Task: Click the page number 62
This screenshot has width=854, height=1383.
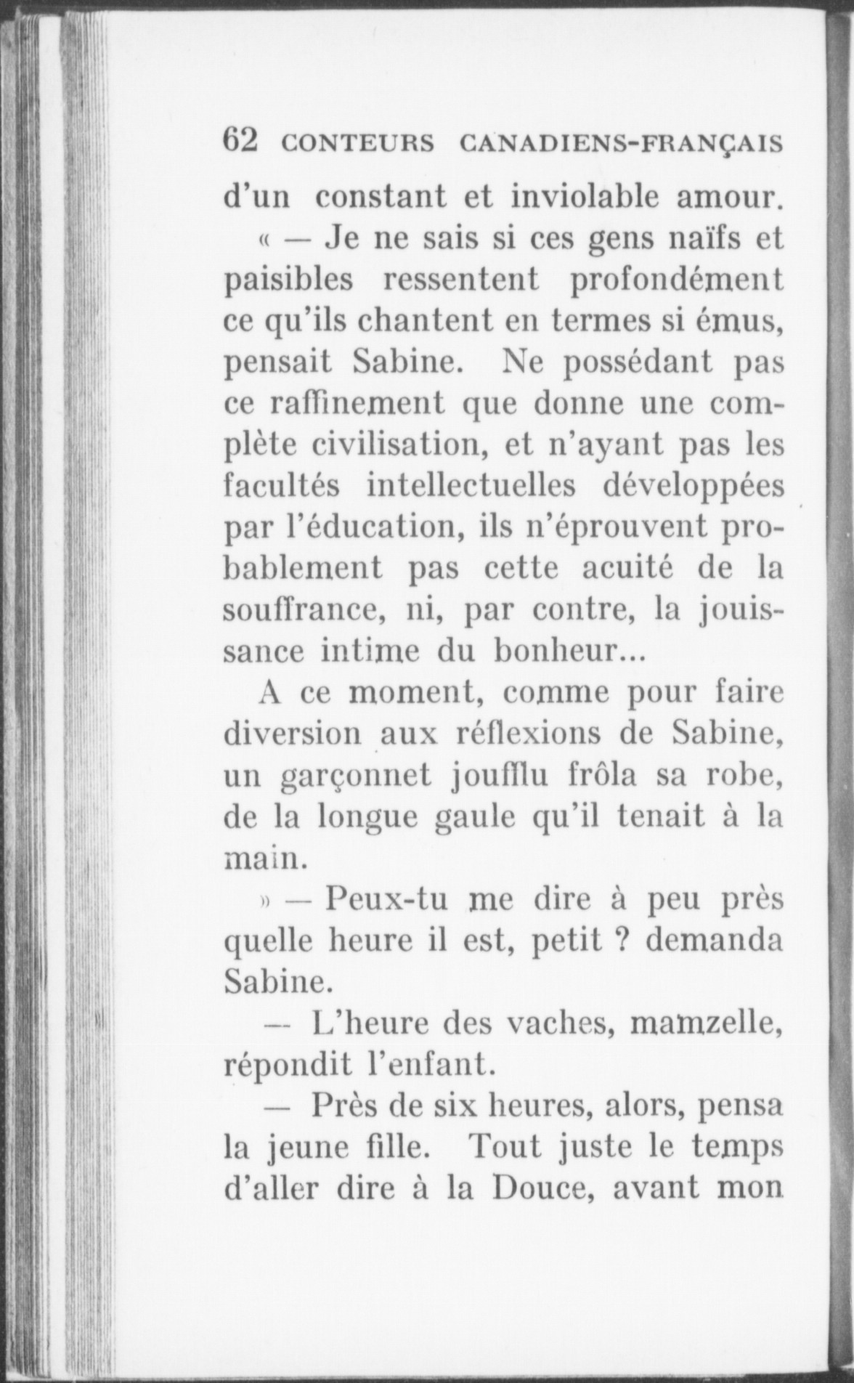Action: pyautogui.click(x=240, y=140)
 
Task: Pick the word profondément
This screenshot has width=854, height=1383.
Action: pyautogui.click(x=678, y=280)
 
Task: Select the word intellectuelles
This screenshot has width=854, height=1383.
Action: pyautogui.click(x=471, y=485)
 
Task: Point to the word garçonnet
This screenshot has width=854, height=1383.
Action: pyautogui.click(x=356, y=776)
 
